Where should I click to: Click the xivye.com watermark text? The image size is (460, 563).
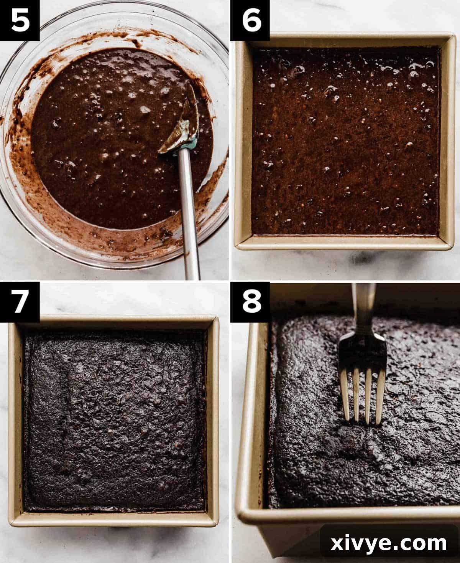[389, 543]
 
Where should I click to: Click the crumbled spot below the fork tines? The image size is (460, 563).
[356, 441]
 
